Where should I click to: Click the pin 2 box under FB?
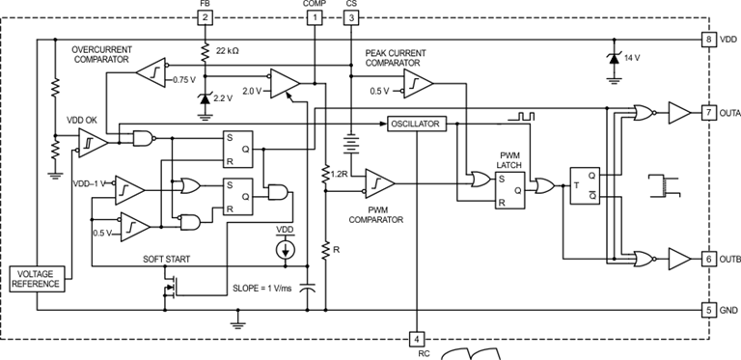tap(205, 17)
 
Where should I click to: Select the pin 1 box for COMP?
tap(315, 17)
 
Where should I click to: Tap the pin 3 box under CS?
tap(350, 17)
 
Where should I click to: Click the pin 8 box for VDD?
tap(709, 40)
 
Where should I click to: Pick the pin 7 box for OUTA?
tap(709, 113)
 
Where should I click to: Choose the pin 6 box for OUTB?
tap(709, 259)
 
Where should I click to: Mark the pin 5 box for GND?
tap(709, 310)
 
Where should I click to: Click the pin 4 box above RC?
tap(417, 339)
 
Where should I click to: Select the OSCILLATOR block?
tap(415, 124)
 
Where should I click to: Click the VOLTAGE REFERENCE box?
tap(36, 279)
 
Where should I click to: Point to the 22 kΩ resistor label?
tap(230, 50)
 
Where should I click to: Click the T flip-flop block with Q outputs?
tap(586, 185)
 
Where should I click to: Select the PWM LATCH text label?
tap(509, 160)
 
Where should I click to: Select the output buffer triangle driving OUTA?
tap(679, 114)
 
